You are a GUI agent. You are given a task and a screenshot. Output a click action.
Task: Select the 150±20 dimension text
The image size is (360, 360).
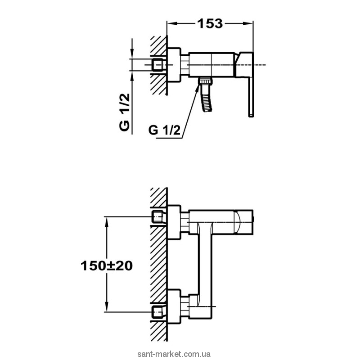106,265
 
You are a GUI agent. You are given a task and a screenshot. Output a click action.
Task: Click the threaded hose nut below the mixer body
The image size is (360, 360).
205,82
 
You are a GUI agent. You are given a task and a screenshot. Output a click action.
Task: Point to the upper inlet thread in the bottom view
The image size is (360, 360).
158,217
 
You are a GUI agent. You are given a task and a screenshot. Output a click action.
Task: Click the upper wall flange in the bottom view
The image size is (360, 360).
174,219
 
